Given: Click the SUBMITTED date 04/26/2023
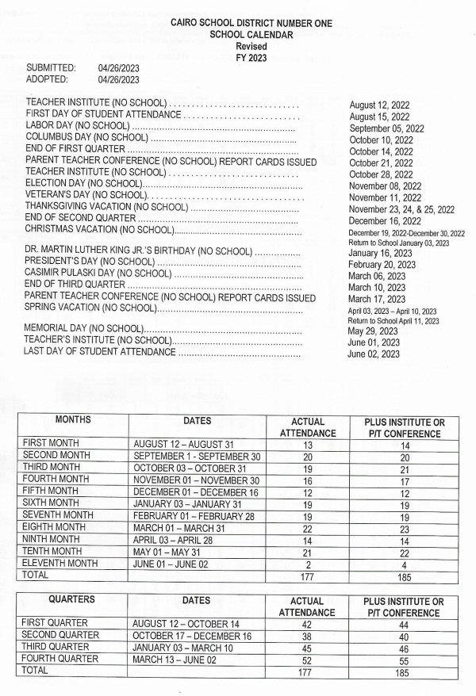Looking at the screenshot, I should [x=118, y=68].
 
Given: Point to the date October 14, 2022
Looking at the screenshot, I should [x=381, y=151].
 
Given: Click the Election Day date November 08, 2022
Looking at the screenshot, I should [x=386, y=185].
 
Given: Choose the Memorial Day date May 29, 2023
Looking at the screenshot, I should [x=373, y=331].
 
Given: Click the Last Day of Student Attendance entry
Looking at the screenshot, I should [x=101, y=351].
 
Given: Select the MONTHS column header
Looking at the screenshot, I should [x=73, y=420].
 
